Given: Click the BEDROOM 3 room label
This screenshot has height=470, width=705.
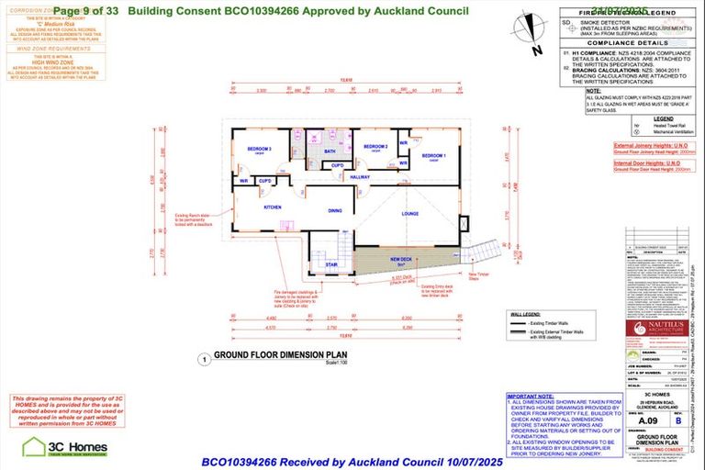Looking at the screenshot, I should (x=245, y=148).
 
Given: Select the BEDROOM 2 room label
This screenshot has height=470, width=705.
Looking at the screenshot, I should (x=375, y=147).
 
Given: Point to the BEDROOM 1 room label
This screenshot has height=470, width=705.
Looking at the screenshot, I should (x=433, y=156).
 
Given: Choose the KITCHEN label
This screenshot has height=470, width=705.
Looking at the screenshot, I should (x=273, y=207).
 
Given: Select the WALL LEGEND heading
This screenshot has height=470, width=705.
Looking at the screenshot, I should (x=523, y=314).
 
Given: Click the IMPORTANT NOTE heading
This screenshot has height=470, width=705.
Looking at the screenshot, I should (x=530, y=397).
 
